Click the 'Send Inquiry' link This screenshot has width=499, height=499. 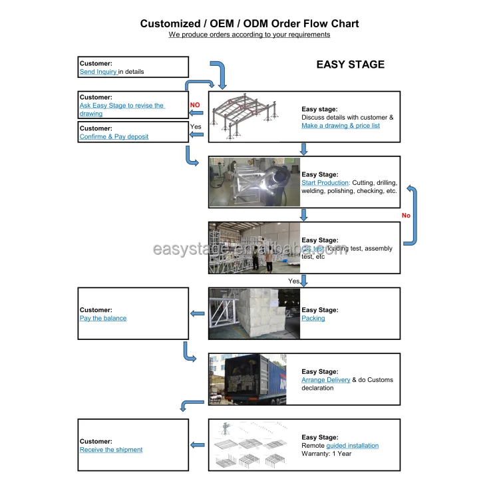point(98,71)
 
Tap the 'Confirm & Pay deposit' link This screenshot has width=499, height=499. point(114,136)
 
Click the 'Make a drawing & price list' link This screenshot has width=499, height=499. point(341,125)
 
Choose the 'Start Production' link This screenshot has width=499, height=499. point(325,182)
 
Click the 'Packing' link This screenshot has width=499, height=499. point(313,318)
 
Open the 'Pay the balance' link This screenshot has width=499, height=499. point(103,318)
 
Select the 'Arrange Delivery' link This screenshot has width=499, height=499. point(326,380)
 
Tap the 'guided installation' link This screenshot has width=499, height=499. point(353,446)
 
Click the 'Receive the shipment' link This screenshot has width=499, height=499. point(111,450)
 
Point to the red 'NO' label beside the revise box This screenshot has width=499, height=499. point(195,105)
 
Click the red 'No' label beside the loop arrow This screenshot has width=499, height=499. point(406,216)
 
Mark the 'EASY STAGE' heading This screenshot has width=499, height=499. point(350,65)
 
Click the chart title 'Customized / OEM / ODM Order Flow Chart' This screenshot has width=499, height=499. point(249,24)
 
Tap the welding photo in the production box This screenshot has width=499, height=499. point(254,182)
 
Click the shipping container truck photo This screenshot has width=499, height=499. point(254,379)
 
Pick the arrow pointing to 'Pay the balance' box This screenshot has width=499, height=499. point(198,313)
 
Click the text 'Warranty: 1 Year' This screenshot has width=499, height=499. point(327,454)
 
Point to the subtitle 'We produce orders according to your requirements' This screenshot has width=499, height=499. point(249,35)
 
